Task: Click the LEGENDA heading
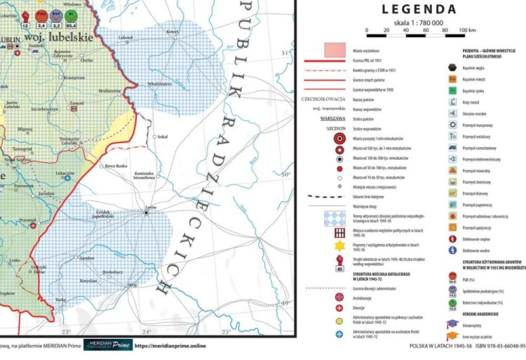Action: pos(419,9)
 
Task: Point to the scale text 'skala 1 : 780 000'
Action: pos(418,22)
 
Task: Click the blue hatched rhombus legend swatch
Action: pos(333,218)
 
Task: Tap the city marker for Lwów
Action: pos(147,212)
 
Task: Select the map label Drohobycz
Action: pos(112,272)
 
